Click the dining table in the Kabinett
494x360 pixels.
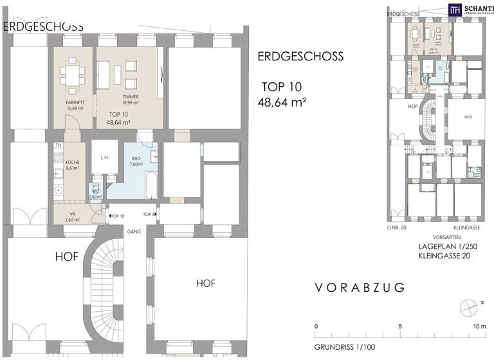(72, 76)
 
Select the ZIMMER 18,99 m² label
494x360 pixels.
(131, 100)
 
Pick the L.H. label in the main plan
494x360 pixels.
(103, 157)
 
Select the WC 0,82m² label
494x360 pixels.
(95, 195)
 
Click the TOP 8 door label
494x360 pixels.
(149, 214)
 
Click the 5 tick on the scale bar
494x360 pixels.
(401, 327)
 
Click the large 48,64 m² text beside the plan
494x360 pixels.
(282, 102)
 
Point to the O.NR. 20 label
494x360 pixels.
(398, 227)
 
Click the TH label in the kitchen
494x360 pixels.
(57, 146)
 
